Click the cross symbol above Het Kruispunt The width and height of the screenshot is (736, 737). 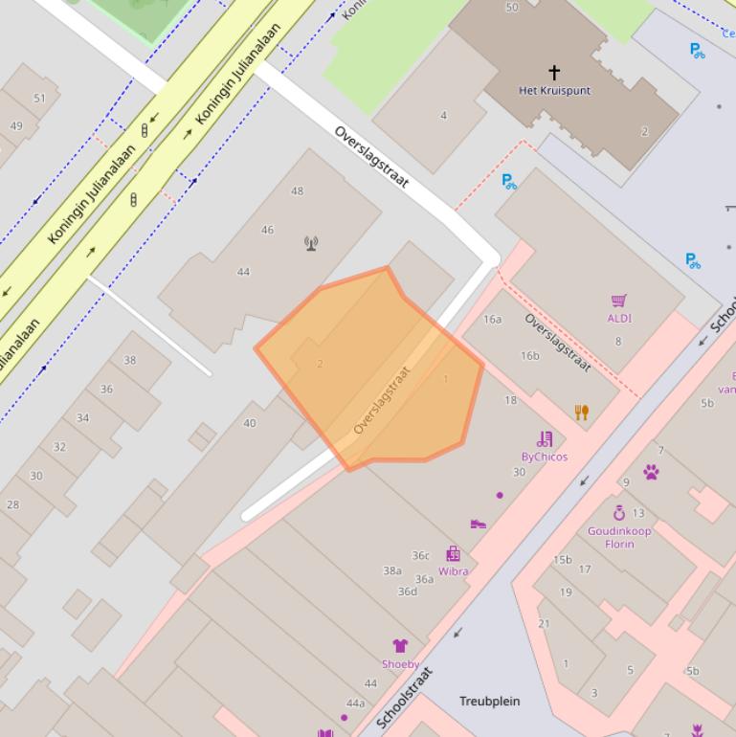[x=553, y=72]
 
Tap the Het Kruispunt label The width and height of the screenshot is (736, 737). [x=554, y=91]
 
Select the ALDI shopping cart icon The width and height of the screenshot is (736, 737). [x=619, y=301]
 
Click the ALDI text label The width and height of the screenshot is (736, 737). [x=619, y=319]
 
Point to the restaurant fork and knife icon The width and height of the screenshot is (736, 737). [x=581, y=413]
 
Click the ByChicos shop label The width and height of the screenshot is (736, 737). [x=544, y=457]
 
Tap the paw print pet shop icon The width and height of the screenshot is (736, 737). [x=651, y=472]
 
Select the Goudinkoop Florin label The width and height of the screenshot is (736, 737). [x=619, y=537]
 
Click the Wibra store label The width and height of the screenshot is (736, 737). [x=453, y=571]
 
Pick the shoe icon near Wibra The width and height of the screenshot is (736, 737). [x=479, y=524]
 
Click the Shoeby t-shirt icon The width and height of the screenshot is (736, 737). [x=400, y=646]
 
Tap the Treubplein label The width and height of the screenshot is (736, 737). [x=489, y=702]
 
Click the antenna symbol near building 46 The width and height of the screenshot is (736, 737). [x=311, y=243]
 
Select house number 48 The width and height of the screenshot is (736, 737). [x=297, y=191]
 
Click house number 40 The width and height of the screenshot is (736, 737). [x=250, y=423]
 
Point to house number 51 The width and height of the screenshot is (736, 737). [x=39, y=99]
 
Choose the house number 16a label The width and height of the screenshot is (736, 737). [x=492, y=320]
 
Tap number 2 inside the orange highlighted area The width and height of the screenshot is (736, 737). [x=320, y=364]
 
